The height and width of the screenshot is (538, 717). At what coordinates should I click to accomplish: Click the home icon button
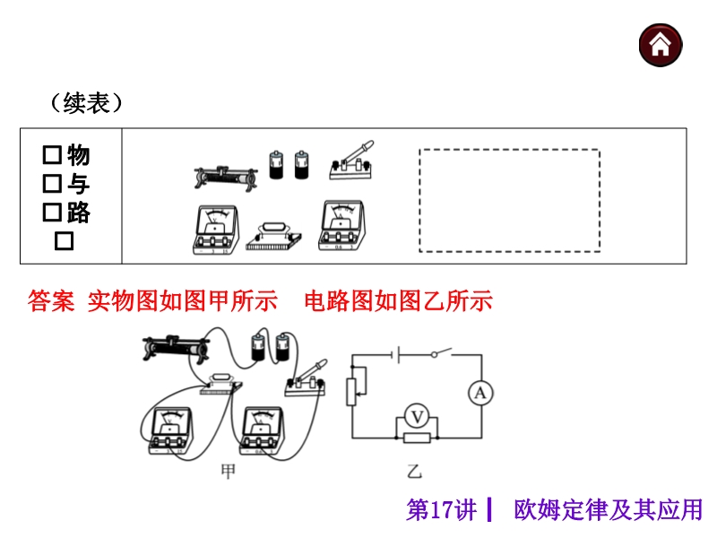661,44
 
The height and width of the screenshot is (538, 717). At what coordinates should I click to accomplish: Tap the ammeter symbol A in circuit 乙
480,393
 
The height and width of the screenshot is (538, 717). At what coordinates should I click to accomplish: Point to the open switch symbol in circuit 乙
439,354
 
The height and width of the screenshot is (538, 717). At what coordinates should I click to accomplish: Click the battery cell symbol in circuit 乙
394,354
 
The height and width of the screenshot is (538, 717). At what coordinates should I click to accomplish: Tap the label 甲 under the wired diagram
227,472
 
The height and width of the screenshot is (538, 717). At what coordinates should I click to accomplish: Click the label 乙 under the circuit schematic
414,472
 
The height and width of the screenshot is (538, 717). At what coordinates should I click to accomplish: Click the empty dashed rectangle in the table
509,201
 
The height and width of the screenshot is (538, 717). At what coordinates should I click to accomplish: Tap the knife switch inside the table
353,160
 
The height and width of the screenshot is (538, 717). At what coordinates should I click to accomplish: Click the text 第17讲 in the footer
442,510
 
